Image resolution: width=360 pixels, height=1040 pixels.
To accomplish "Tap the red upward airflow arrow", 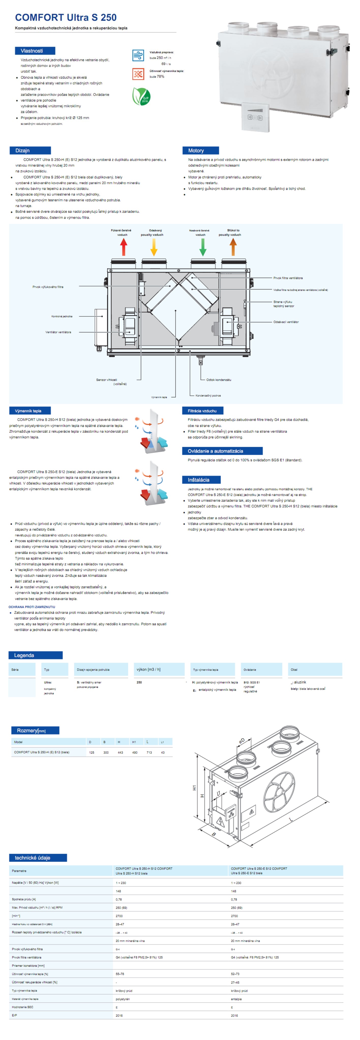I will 124,247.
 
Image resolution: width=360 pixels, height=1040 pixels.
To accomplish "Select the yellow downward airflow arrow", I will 154,247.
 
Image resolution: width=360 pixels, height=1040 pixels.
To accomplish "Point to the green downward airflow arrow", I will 203,247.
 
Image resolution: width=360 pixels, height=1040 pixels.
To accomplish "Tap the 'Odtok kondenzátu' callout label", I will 219,380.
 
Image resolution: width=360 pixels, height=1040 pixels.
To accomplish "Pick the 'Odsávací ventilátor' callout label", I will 286,322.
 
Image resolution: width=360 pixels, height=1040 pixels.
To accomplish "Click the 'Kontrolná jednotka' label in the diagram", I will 62,316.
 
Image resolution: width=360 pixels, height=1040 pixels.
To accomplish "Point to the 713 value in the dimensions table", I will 149,753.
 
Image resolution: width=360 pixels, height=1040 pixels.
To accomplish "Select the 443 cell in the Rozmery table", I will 120,753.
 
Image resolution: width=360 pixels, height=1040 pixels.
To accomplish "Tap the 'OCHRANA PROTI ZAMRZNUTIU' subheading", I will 32,607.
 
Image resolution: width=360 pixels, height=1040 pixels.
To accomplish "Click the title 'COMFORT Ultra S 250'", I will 66,17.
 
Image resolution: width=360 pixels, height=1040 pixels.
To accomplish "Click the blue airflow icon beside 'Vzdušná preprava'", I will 138,55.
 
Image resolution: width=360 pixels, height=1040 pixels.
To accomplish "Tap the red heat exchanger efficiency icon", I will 138,74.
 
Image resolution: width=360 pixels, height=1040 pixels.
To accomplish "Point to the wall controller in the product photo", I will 255,117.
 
